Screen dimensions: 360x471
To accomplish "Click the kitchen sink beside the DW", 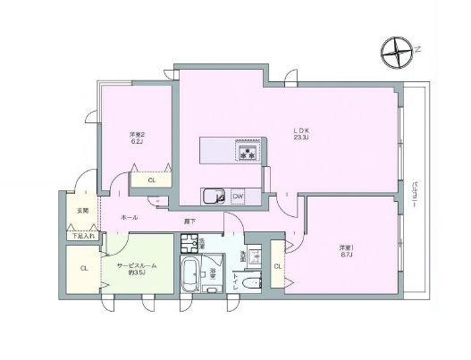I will pos(214,197).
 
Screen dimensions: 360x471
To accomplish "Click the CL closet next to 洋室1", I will pos(277,267).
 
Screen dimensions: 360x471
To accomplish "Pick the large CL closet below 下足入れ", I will pos(83,267).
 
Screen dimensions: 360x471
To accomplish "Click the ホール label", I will pos(129,216).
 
